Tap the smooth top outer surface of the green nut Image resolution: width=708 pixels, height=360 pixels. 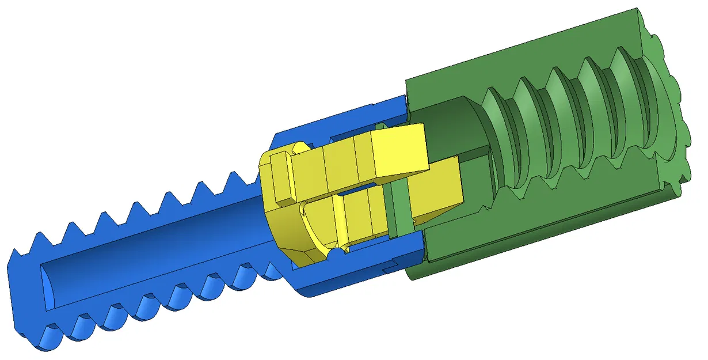click(x=518, y=52)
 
